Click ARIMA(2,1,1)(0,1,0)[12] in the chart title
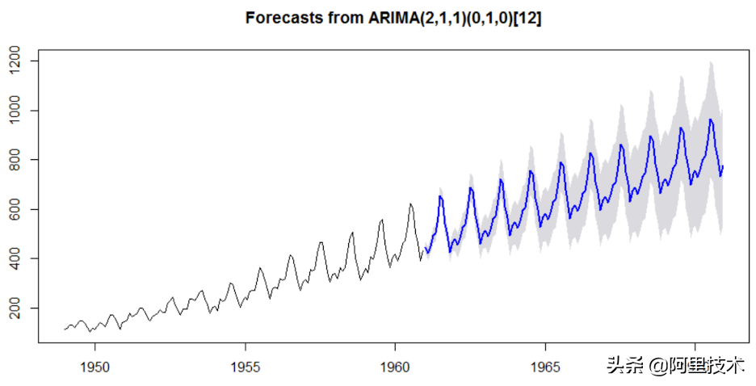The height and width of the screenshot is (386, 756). pyautogui.click(x=455, y=19)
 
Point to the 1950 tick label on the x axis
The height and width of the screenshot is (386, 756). pyautogui.click(x=95, y=367)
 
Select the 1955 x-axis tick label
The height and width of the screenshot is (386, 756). pyautogui.click(x=245, y=367)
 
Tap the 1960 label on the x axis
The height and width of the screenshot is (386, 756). pyautogui.click(x=395, y=367)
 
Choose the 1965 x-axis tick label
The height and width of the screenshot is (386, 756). pyautogui.click(x=545, y=367)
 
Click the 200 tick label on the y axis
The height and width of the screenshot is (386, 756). pyautogui.click(x=15, y=308)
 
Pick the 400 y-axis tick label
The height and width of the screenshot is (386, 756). pyautogui.click(x=15, y=258)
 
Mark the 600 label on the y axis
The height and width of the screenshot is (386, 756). pyautogui.click(x=15, y=209)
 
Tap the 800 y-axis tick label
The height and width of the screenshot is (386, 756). pyautogui.click(x=15, y=160)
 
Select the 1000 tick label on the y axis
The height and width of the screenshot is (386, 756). pyautogui.click(x=15, y=111)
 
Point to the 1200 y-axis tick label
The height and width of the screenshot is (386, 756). pyautogui.click(x=15, y=61)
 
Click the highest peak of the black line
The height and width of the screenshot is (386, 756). pyautogui.click(x=410, y=203)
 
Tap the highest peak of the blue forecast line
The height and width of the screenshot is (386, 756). pyautogui.click(x=710, y=119)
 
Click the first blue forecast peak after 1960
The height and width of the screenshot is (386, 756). pyautogui.click(x=440, y=195)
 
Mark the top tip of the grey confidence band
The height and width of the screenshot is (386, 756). pyautogui.click(x=710, y=61)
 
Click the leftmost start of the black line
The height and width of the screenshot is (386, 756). pyautogui.click(x=65, y=329)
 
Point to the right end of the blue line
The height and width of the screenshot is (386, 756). pyautogui.click(x=723, y=166)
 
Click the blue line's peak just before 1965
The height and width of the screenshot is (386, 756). pyautogui.click(x=531, y=171)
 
